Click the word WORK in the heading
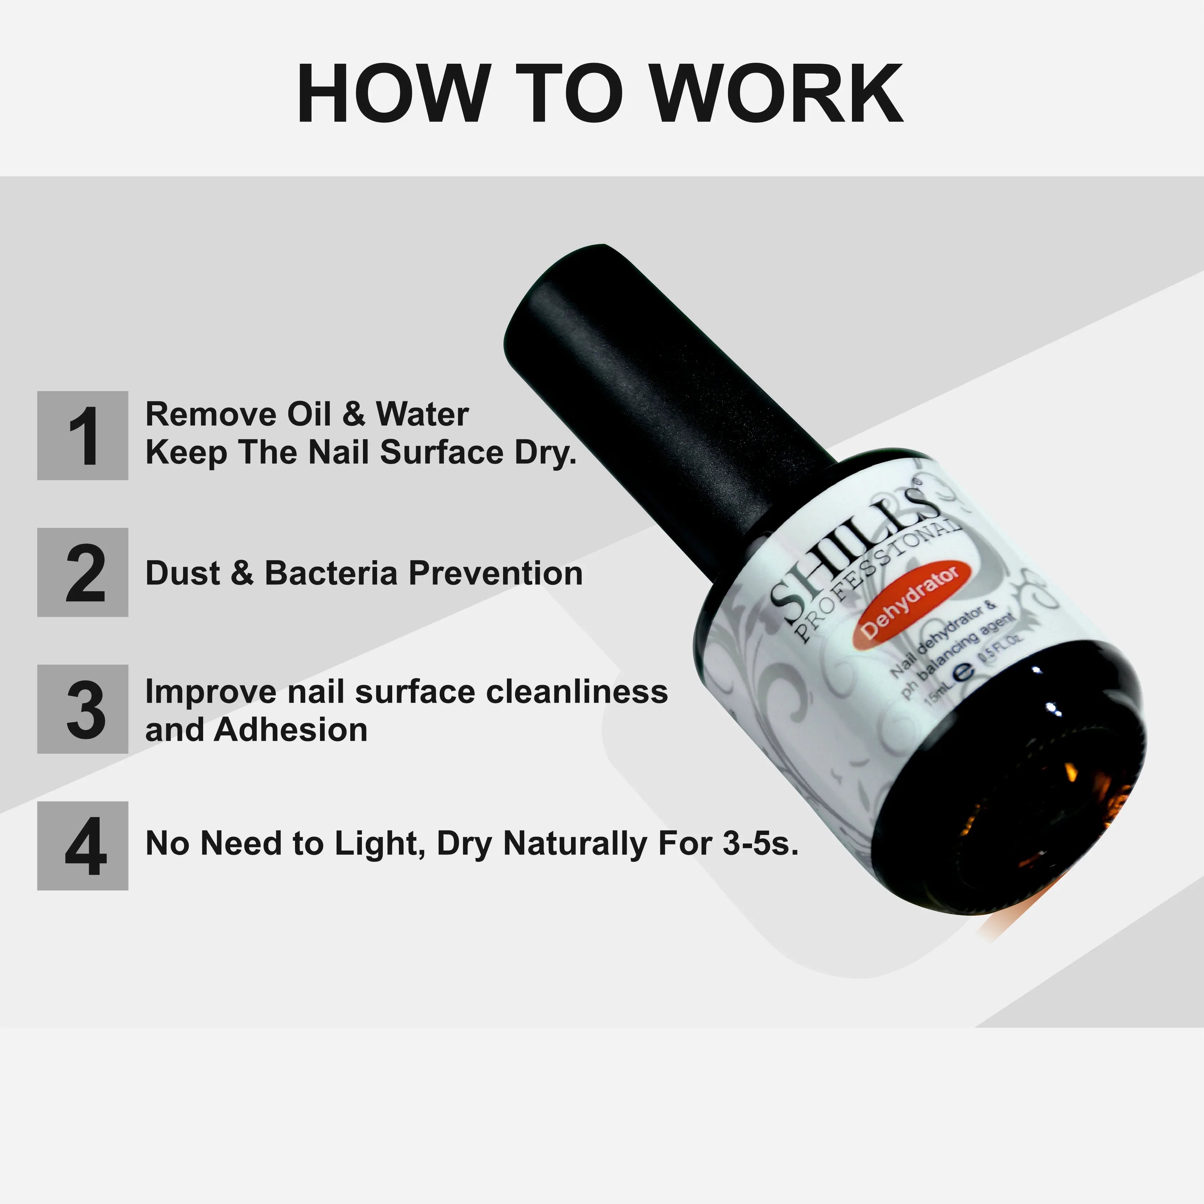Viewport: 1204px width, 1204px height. click(779, 94)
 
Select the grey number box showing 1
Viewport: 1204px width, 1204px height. click(83, 435)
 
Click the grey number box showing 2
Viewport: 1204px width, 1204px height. click(83, 572)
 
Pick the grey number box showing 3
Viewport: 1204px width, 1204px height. click(83, 709)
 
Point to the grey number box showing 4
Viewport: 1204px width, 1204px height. click(83, 846)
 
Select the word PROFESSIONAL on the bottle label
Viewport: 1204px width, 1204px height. click(879, 586)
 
